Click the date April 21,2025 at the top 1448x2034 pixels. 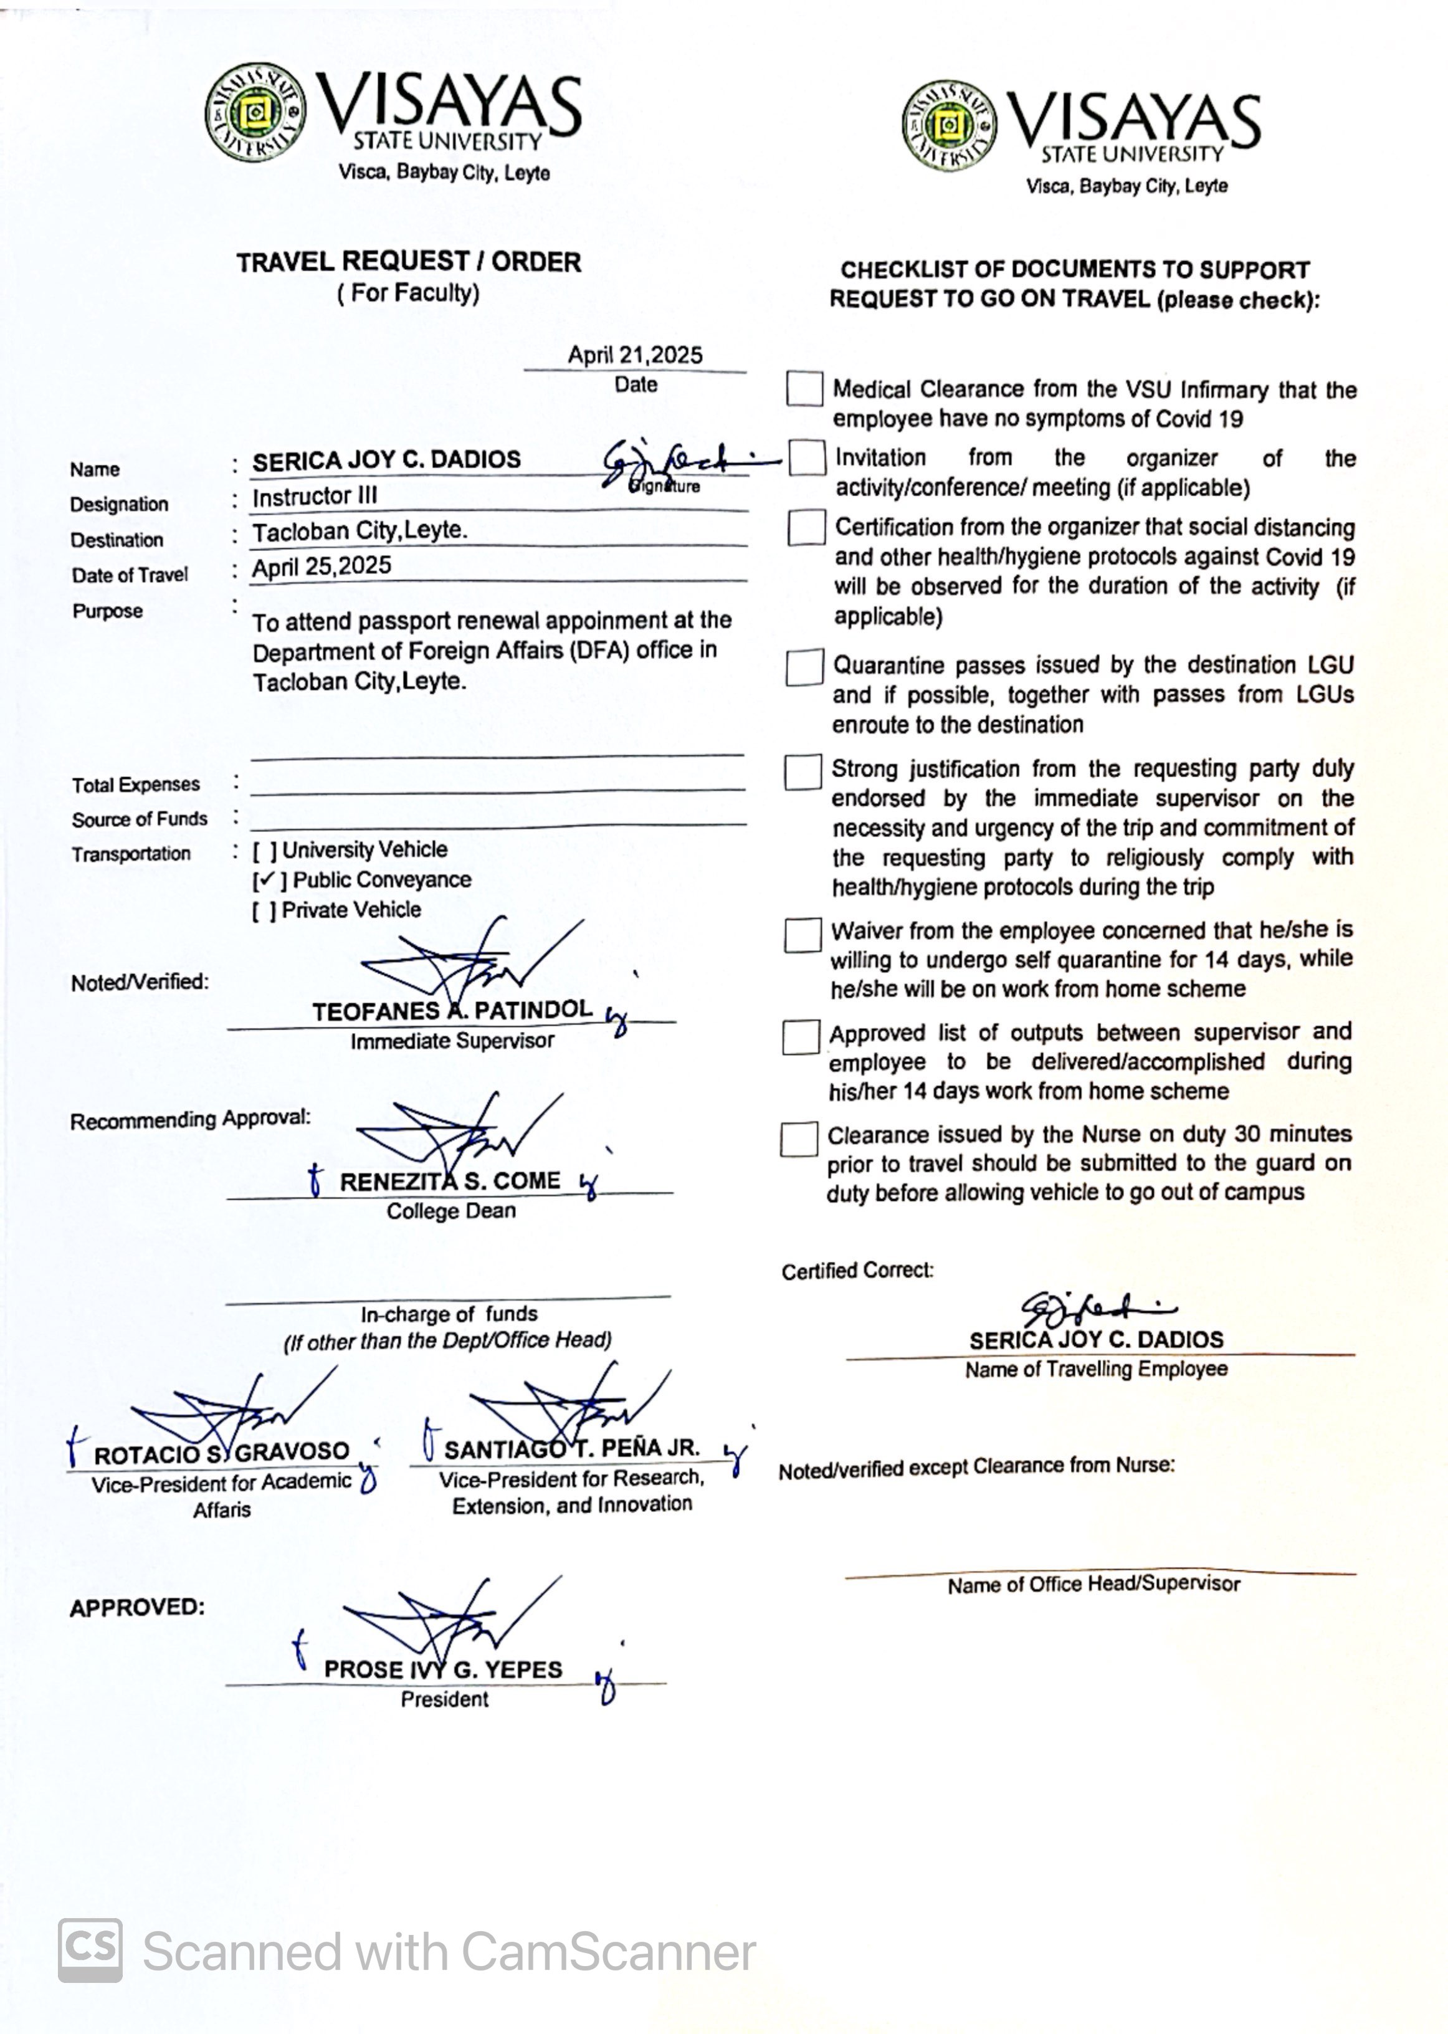coord(635,355)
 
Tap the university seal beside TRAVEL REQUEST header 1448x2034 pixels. coord(255,112)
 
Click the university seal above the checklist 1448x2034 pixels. coord(950,126)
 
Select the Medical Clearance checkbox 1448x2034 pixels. coord(804,389)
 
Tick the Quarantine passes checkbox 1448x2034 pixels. coord(804,667)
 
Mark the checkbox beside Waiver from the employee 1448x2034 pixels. coord(803,935)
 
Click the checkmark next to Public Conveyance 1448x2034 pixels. coord(265,880)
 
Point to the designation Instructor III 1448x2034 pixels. coord(315,496)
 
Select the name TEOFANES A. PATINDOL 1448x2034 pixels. coord(452,1010)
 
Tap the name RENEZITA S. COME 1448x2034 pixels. coord(450,1181)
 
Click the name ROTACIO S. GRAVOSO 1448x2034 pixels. coord(221,1453)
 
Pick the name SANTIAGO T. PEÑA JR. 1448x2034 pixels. coord(571,1449)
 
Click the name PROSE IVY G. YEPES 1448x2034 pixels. coord(443,1669)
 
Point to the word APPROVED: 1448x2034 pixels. coord(137,1607)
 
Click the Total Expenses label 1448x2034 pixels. coord(136,785)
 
